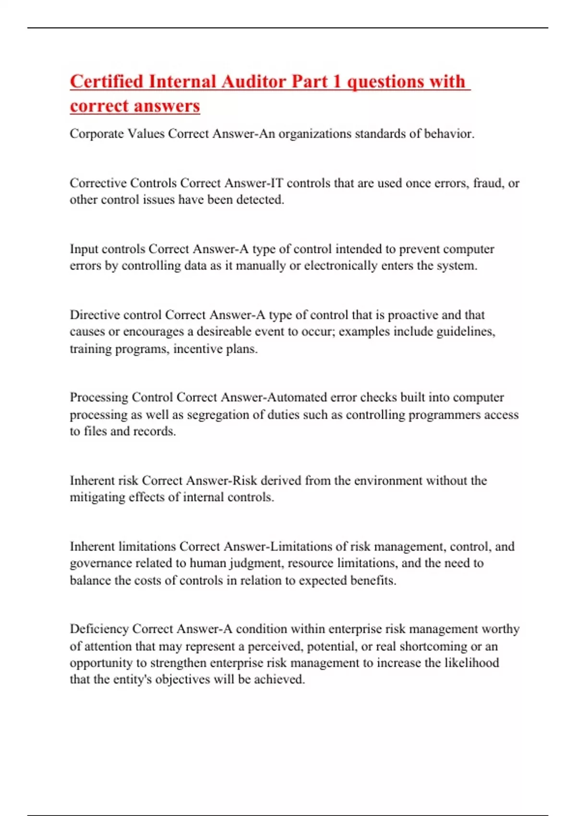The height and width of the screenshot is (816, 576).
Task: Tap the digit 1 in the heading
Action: point(336,82)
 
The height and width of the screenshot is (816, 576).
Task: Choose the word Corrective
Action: point(98,183)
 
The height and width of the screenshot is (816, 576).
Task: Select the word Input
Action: point(84,249)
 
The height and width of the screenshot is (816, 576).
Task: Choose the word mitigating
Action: point(97,497)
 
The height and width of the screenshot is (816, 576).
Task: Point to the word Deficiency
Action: point(99,629)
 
